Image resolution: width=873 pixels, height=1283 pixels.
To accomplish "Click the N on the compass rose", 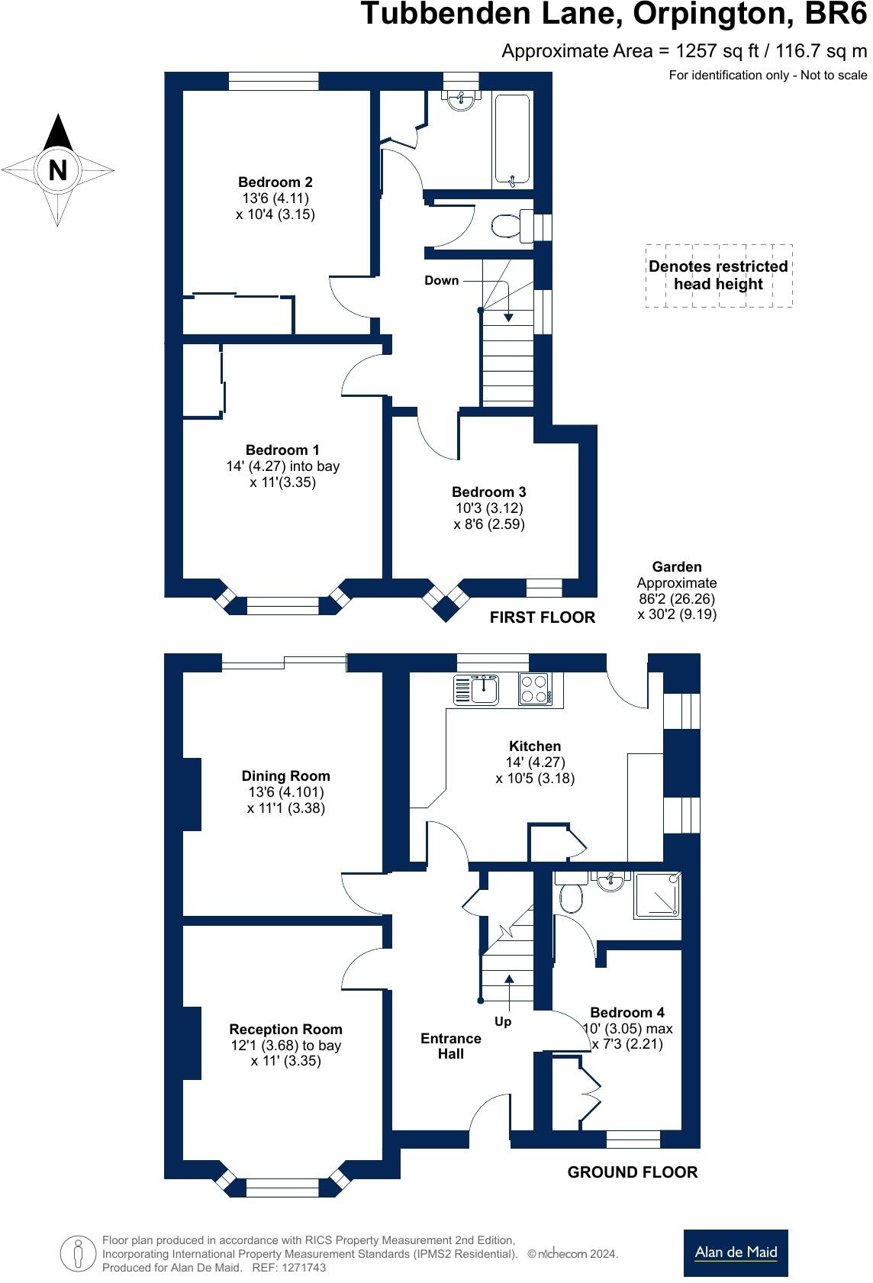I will tap(58, 169).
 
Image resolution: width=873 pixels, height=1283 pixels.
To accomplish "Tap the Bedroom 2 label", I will tap(275, 182).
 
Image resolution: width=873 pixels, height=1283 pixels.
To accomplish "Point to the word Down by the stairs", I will tap(442, 280).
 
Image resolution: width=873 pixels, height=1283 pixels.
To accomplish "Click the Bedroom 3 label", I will tap(488, 492).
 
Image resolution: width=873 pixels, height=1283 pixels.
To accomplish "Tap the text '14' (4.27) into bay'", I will tap(282, 466).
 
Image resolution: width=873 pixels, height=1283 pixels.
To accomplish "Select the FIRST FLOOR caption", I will tap(542, 617).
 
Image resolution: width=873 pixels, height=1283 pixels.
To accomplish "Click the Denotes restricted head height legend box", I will tap(718, 276).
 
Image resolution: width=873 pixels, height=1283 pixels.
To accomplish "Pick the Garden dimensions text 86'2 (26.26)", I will tap(677, 599).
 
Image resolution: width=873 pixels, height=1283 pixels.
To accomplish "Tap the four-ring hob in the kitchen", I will tap(535, 689).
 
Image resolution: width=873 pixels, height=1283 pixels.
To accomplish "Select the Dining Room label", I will tap(285, 776).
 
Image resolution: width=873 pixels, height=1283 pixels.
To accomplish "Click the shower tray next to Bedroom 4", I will tap(657, 895).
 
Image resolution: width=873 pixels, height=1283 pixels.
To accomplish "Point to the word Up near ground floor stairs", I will tap(503, 1021).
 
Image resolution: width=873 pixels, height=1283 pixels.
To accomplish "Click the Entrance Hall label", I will tap(451, 1046).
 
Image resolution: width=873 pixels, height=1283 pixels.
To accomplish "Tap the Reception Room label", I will tap(285, 1030).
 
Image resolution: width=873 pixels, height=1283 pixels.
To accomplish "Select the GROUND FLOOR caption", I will tap(632, 1172).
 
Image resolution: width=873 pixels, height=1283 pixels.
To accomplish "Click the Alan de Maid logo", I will tap(735, 1252).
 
